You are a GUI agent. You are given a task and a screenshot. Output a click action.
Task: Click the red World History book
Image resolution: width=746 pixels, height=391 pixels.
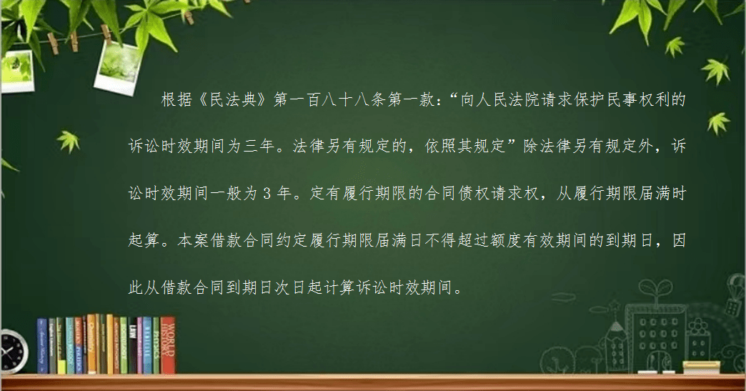[x=167, y=345]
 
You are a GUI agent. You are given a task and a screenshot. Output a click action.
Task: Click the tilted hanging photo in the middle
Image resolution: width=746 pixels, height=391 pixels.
[x=118, y=66]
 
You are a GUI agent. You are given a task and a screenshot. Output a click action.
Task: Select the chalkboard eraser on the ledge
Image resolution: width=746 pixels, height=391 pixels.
[x=701, y=367]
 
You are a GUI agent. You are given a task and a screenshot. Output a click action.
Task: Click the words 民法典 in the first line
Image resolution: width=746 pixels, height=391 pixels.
[x=233, y=100]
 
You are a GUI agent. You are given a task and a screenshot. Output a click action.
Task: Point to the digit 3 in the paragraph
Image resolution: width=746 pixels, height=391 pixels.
[x=267, y=194]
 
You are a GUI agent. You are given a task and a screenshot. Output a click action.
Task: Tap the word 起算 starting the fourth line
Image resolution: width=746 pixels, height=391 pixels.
[x=144, y=240]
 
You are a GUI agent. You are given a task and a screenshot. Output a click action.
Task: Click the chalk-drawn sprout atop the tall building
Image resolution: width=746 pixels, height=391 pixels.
[x=655, y=288]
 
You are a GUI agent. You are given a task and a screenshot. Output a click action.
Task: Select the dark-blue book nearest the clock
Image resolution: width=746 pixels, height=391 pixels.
[x=42, y=346]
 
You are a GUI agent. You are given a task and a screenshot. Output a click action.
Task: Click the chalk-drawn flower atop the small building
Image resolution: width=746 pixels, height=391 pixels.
[x=697, y=327]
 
